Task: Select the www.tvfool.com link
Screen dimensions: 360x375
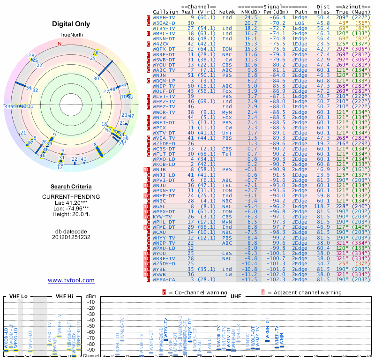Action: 71,280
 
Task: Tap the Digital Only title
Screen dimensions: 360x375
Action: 71,24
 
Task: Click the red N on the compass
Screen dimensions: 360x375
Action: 60,44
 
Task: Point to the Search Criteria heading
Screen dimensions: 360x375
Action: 71,187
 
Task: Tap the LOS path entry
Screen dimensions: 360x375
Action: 300,22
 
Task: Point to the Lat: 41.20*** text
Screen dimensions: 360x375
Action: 71,202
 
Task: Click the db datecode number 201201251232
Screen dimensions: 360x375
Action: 71,237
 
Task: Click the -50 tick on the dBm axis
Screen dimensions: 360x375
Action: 90,326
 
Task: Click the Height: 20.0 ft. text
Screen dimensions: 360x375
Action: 71,215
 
